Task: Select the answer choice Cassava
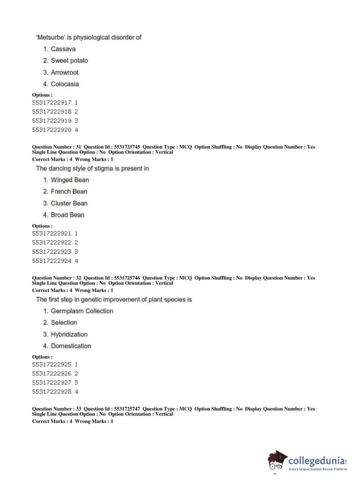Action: click(63, 49)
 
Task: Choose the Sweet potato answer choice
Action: click(69, 60)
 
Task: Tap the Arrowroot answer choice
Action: click(64, 72)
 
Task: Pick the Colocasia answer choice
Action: click(65, 84)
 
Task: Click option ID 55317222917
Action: click(52, 103)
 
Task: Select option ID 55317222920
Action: click(52, 130)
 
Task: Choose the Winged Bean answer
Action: click(70, 180)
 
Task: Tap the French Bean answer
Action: click(69, 191)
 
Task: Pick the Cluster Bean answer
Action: click(69, 203)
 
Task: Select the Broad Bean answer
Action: click(68, 215)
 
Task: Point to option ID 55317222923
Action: click(52, 252)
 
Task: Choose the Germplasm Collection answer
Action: click(82, 311)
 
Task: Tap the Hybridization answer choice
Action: click(69, 334)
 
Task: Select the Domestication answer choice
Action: click(71, 346)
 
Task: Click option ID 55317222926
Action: click(52, 374)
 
